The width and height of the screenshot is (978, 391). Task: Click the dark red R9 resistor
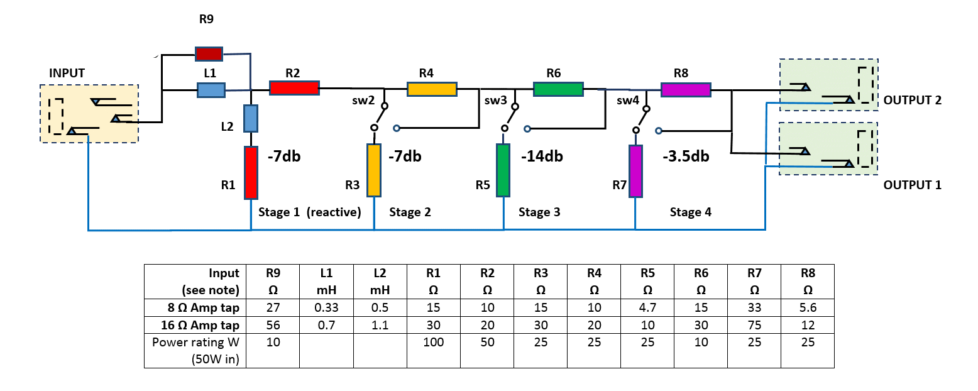tap(209, 55)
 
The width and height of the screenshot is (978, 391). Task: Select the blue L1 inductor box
tap(211, 90)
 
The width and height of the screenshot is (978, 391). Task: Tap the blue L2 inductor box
tap(251, 118)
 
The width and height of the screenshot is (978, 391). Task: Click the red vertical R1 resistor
tap(251, 172)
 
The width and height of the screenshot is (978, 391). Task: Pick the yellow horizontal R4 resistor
tap(432, 89)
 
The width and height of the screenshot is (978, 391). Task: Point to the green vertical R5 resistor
tap(503, 170)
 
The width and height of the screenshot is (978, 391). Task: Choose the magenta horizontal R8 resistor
tap(686, 90)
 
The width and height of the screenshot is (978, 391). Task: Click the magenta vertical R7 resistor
tap(636, 170)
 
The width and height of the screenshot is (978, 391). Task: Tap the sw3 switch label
tap(495, 100)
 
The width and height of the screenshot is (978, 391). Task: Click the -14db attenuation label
tap(542, 157)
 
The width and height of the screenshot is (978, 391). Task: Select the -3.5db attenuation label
tap(686, 157)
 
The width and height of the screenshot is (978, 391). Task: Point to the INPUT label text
tap(67, 74)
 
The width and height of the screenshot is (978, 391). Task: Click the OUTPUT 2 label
tap(912, 100)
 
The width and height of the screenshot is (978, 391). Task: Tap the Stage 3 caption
tap(539, 212)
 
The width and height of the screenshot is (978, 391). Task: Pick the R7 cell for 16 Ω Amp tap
tap(754, 325)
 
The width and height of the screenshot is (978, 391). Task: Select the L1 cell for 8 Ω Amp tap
tap(326, 308)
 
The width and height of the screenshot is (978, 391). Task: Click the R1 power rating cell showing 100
tap(433, 343)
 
